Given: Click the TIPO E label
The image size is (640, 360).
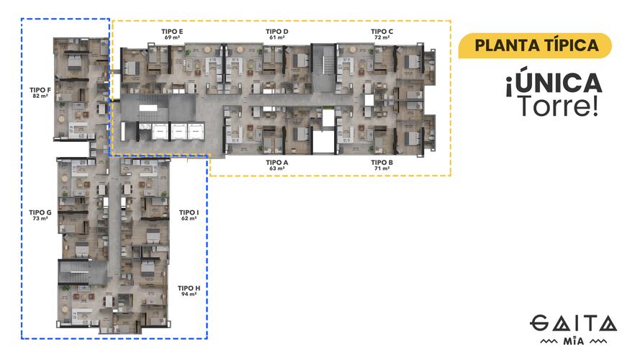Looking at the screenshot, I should click(172, 32).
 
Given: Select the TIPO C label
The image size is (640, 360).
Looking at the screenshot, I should click(382, 32).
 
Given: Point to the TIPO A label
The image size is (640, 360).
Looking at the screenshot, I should click(276, 163).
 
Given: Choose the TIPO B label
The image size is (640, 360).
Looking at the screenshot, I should click(382, 163).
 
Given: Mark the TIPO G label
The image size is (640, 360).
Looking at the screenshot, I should click(40, 212).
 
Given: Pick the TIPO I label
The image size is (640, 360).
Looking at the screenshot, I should click(189, 212).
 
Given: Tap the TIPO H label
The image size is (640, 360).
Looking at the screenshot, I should click(189, 288).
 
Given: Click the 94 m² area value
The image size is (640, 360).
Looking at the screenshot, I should click(189, 294).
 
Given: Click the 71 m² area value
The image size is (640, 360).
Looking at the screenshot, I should click(382, 168).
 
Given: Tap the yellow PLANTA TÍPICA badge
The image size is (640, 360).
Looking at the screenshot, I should click(536, 45).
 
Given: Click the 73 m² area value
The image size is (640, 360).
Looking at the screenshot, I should click(40, 218).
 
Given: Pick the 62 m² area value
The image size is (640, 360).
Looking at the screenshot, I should click(189, 218).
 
